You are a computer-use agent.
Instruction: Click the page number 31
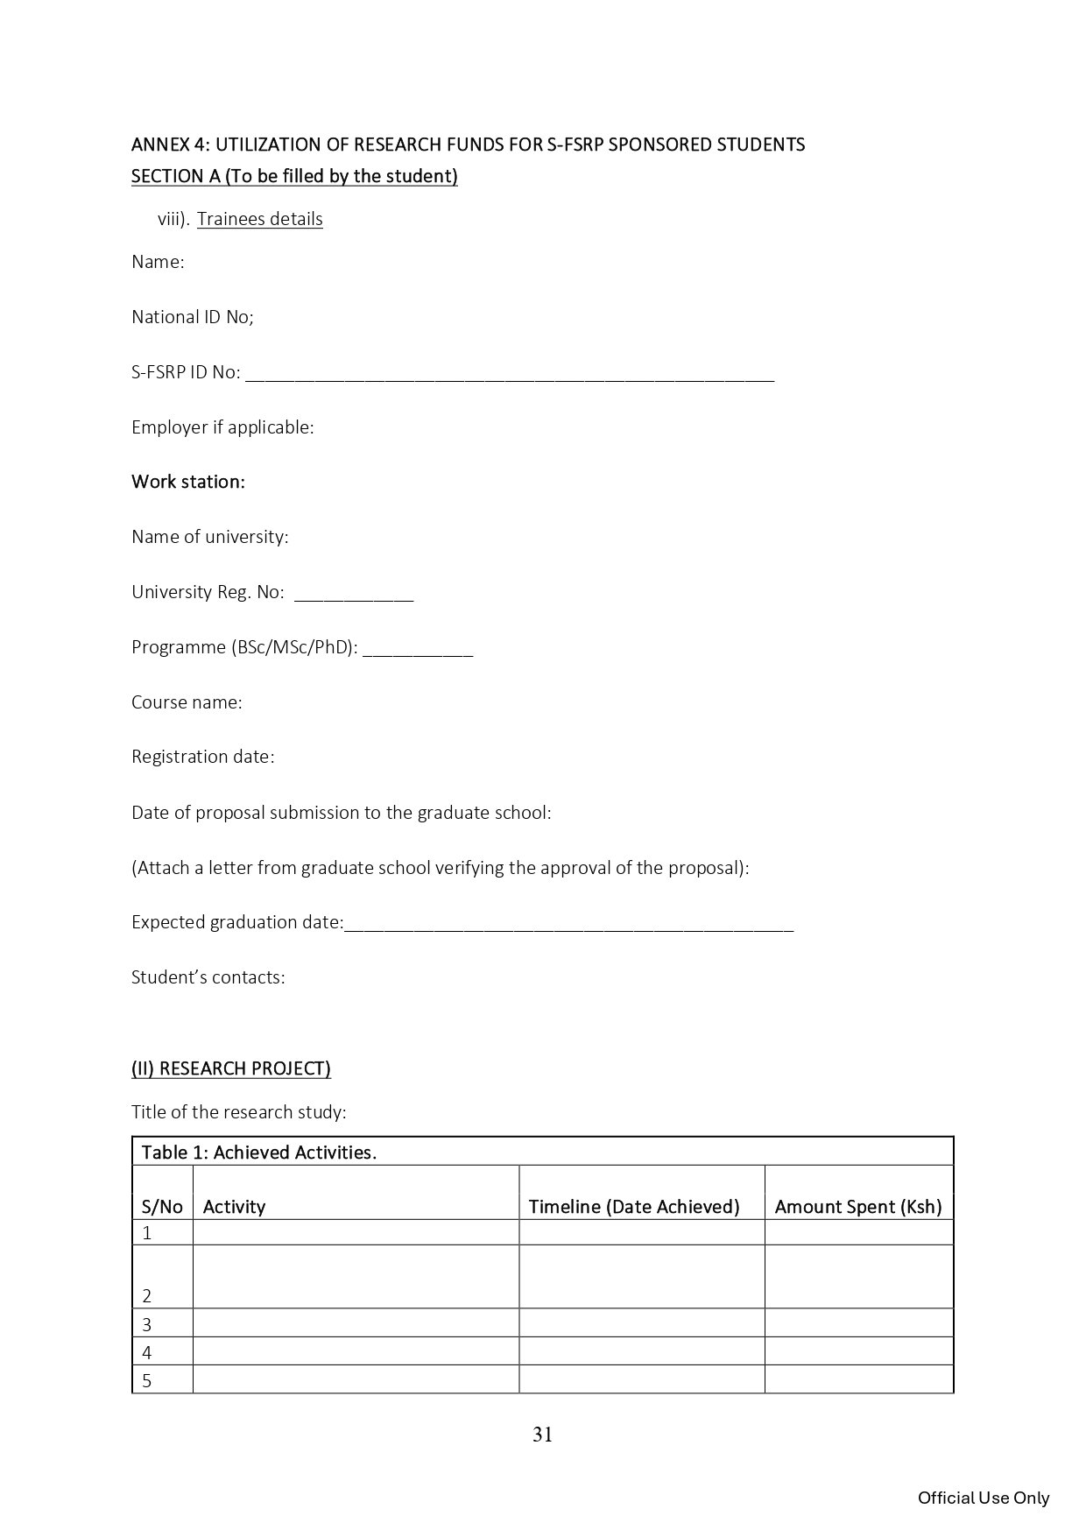(x=542, y=1435)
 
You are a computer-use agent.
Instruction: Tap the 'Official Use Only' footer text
(x=983, y=1498)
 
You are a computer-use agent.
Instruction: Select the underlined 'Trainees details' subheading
(x=259, y=219)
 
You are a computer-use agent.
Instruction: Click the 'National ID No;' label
(x=193, y=317)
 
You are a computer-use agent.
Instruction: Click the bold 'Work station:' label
(x=188, y=482)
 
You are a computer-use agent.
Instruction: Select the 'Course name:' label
(x=187, y=702)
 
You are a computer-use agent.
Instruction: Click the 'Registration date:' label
(x=203, y=757)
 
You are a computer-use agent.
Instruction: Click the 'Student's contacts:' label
(x=208, y=977)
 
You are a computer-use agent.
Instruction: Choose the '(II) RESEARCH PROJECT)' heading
(x=231, y=1068)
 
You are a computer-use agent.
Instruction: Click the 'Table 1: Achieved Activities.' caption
(x=259, y=1153)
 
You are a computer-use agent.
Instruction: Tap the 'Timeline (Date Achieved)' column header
(x=634, y=1207)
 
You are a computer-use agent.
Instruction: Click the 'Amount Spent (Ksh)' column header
(x=858, y=1207)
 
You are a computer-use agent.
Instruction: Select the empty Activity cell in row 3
(x=356, y=1323)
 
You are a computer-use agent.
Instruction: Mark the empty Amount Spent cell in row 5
(x=858, y=1379)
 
